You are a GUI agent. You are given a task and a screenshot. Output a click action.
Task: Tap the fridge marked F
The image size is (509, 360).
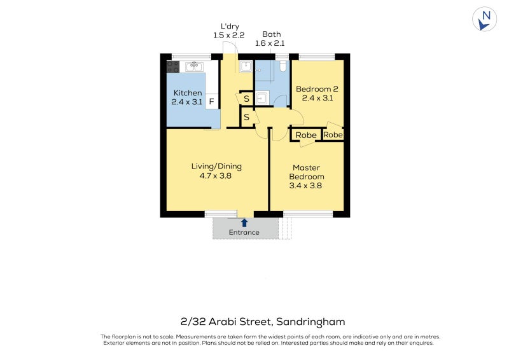coord(212,101)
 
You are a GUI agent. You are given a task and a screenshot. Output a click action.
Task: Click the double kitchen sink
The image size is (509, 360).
coord(194,66)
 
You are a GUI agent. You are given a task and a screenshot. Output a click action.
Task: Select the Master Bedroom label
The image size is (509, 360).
coord(307,172)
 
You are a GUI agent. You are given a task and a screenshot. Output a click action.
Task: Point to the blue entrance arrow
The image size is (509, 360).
coord(244,222)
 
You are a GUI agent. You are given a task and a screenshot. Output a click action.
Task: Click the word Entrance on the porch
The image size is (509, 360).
coord(244,232)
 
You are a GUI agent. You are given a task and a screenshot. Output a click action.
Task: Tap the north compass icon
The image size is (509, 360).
coord(485,19)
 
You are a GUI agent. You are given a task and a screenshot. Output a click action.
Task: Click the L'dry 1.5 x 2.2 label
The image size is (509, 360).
coord(228,31)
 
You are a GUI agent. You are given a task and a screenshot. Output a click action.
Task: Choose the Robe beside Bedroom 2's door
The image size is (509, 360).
coord(333,135)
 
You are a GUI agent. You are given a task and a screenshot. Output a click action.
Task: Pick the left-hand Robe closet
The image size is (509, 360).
coord(306,135)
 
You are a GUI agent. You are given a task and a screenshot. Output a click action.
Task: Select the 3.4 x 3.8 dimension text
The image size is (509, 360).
coord(307,186)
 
